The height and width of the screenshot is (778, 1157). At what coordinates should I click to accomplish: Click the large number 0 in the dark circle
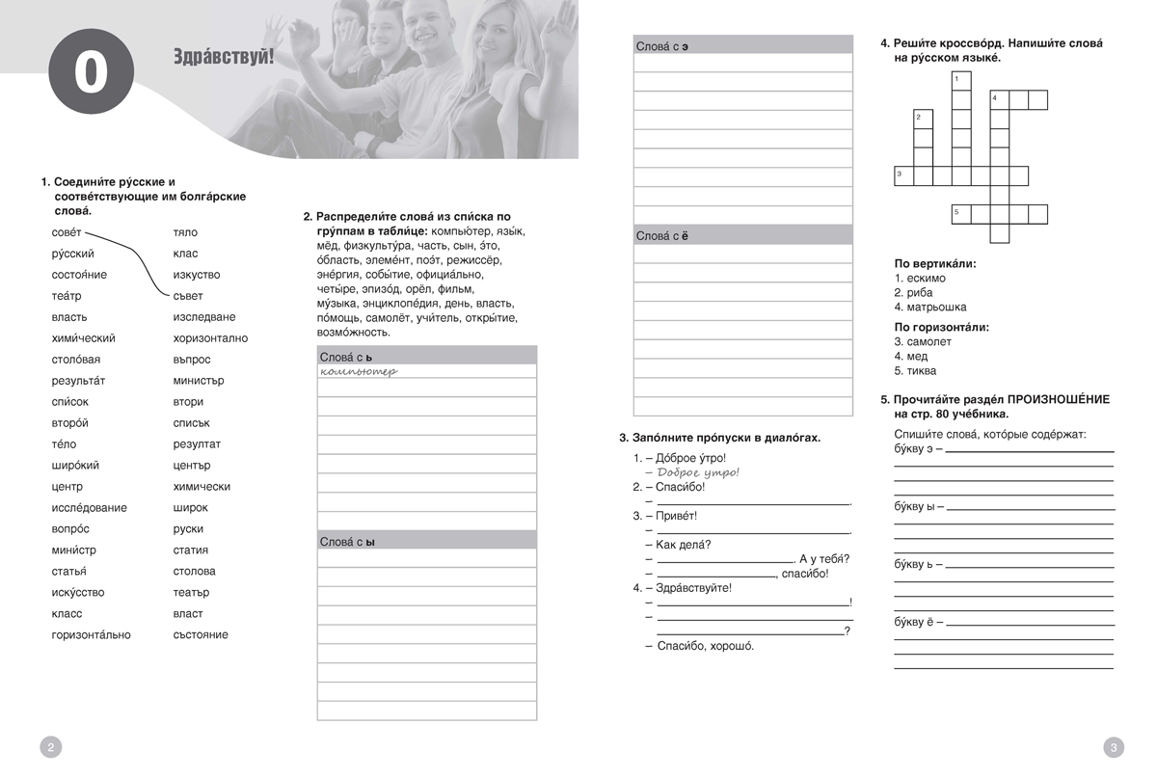(90, 74)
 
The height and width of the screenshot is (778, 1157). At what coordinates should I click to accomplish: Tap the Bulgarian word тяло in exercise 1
(185, 232)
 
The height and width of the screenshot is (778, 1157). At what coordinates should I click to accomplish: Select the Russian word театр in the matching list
(67, 296)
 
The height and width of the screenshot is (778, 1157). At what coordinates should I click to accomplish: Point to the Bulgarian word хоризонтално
(210, 338)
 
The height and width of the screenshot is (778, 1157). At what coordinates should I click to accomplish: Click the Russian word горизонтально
(91, 635)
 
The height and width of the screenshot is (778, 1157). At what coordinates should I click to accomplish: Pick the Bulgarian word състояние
(201, 635)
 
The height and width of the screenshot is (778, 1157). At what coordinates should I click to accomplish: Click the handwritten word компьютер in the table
(359, 371)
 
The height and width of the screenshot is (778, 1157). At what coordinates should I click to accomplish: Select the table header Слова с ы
(346, 542)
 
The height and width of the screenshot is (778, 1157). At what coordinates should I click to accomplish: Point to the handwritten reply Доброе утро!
(698, 472)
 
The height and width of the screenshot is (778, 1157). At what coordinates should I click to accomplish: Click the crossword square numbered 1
(960, 80)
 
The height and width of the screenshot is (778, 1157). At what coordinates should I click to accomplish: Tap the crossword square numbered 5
(960, 214)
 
